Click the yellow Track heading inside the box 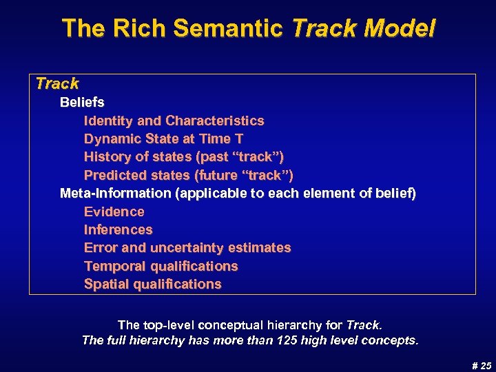[57, 84]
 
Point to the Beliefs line [82, 103]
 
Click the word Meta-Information [115, 194]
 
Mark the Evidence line [114, 211]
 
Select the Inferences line [118, 229]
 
